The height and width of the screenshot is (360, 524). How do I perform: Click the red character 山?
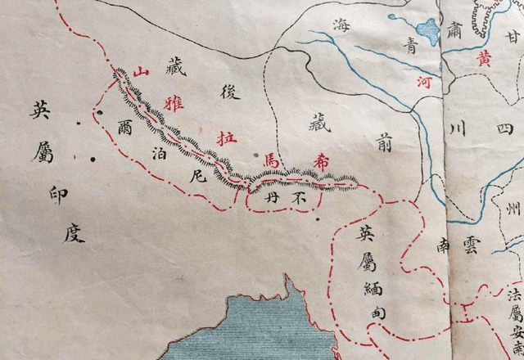pyautogui.click(x=141, y=72)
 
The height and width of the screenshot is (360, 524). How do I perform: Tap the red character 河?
pyautogui.click(x=423, y=82)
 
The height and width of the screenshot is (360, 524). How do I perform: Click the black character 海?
pyautogui.click(x=341, y=26)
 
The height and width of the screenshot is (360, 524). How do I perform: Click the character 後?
pyautogui.click(x=229, y=92)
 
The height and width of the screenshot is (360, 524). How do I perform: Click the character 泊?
pyautogui.click(x=160, y=152)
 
